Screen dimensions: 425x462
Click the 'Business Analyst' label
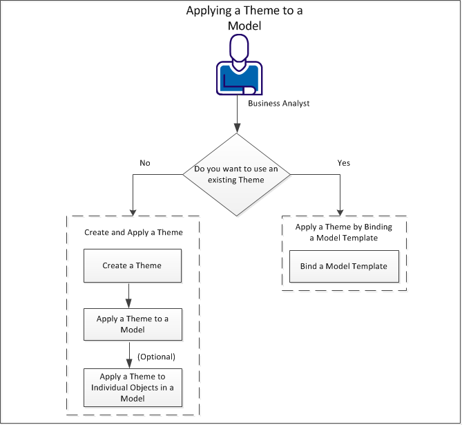[279, 104]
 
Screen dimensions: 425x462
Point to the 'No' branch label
[145, 164]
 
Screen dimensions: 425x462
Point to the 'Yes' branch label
[343, 164]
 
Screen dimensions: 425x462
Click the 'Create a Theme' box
[133, 266]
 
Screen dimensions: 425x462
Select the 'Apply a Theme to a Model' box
[133, 324]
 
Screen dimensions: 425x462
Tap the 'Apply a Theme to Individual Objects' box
[133, 388]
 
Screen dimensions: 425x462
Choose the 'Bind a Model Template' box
[343, 267]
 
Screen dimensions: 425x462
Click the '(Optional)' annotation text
[157, 357]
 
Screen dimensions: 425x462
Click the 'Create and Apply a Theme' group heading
[133, 232]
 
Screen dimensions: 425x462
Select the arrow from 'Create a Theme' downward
[129, 295]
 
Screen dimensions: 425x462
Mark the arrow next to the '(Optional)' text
[129, 354]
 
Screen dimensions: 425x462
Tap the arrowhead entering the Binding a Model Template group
[340, 211]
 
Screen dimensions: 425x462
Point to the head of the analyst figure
[239, 48]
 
